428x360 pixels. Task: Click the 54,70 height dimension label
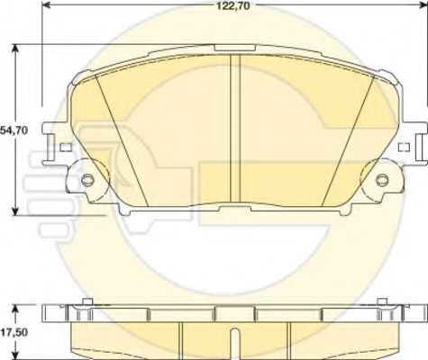14,130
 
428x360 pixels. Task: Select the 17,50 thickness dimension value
14,332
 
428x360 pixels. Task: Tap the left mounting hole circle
87,179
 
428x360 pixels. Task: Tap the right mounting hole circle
382,179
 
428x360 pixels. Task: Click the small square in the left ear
66,147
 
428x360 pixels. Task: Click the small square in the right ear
404,147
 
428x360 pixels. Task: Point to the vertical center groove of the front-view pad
235,129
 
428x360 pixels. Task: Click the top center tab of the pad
235,48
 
